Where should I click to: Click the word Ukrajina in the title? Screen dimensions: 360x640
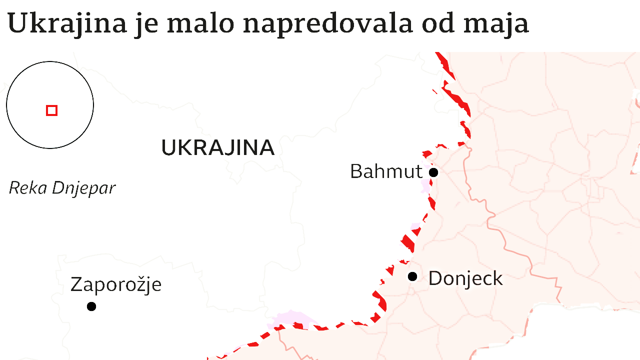(67, 23)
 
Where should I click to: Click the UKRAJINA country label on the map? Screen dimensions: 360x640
(218, 147)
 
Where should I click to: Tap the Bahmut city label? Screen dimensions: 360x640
(386, 171)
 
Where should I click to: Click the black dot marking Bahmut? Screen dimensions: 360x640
(433, 172)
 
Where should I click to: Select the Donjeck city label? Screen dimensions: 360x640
(465, 278)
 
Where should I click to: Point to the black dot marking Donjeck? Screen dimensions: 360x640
(412, 276)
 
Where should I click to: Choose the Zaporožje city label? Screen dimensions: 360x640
(116, 285)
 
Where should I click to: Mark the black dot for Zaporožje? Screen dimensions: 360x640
(91, 306)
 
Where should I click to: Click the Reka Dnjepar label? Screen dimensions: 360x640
(62, 188)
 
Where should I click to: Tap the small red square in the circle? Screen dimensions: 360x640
(51, 110)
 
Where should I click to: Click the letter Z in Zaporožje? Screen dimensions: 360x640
(76, 284)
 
